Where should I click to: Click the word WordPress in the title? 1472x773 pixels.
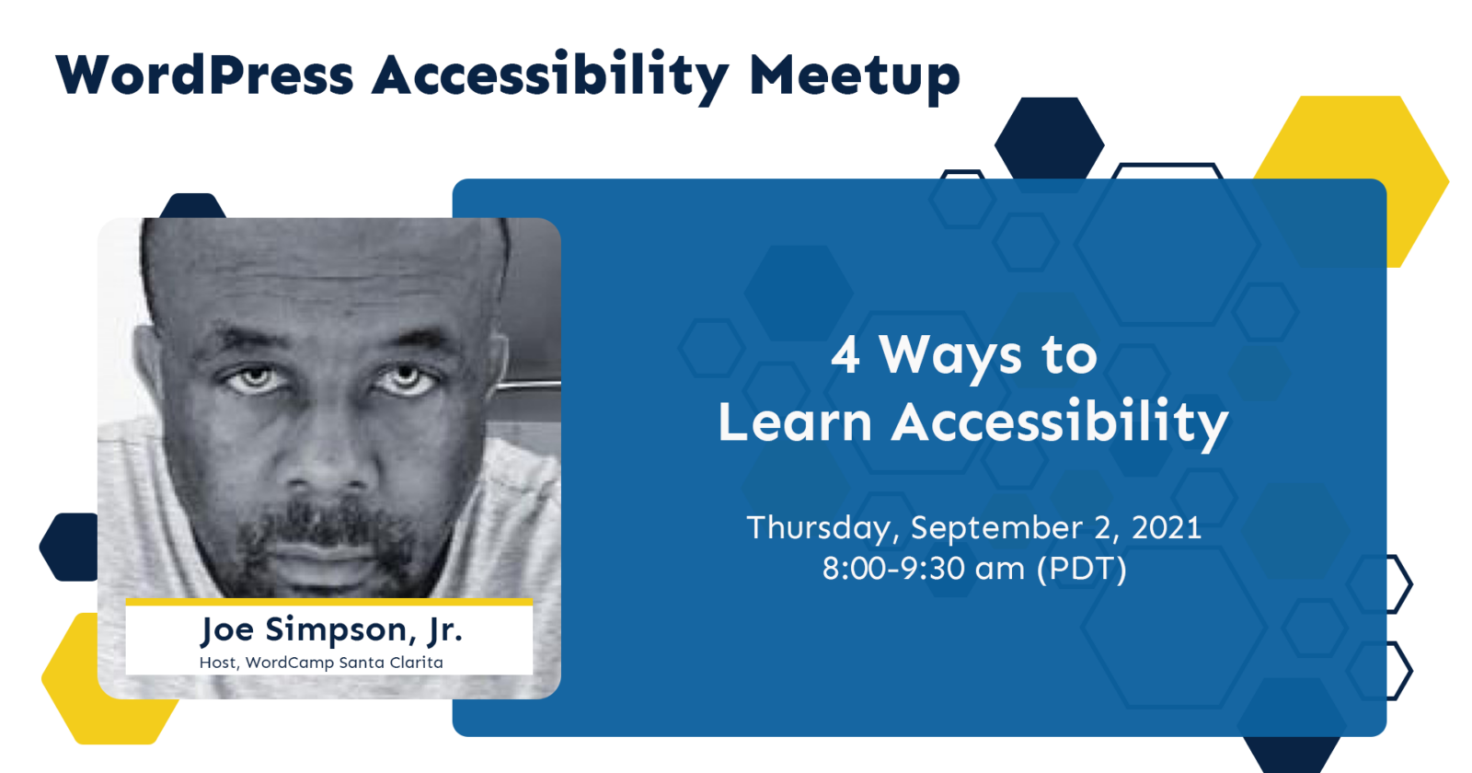point(205,75)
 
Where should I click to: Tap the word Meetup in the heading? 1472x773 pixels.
point(855,78)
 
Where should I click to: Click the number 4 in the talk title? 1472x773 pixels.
point(845,355)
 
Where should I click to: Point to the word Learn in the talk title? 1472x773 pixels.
point(795,421)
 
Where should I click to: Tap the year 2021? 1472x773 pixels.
point(1167,528)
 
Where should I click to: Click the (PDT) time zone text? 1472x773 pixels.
point(1082,570)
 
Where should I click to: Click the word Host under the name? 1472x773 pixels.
point(218,663)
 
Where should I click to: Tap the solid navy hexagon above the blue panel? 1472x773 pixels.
point(1050,139)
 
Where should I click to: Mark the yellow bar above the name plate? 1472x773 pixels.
point(328,602)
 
